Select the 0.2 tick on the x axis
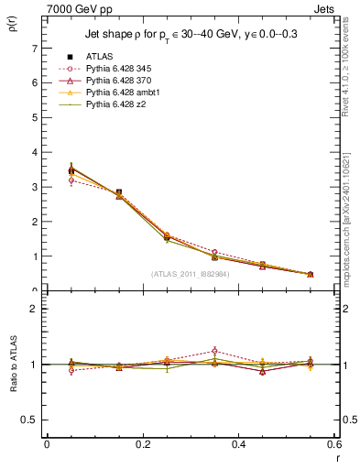click(x=142, y=444)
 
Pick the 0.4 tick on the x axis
click(x=238, y=444)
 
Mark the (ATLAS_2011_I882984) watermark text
click(x=189, y=274)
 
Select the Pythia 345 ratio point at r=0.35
click(x=215, y=351)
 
